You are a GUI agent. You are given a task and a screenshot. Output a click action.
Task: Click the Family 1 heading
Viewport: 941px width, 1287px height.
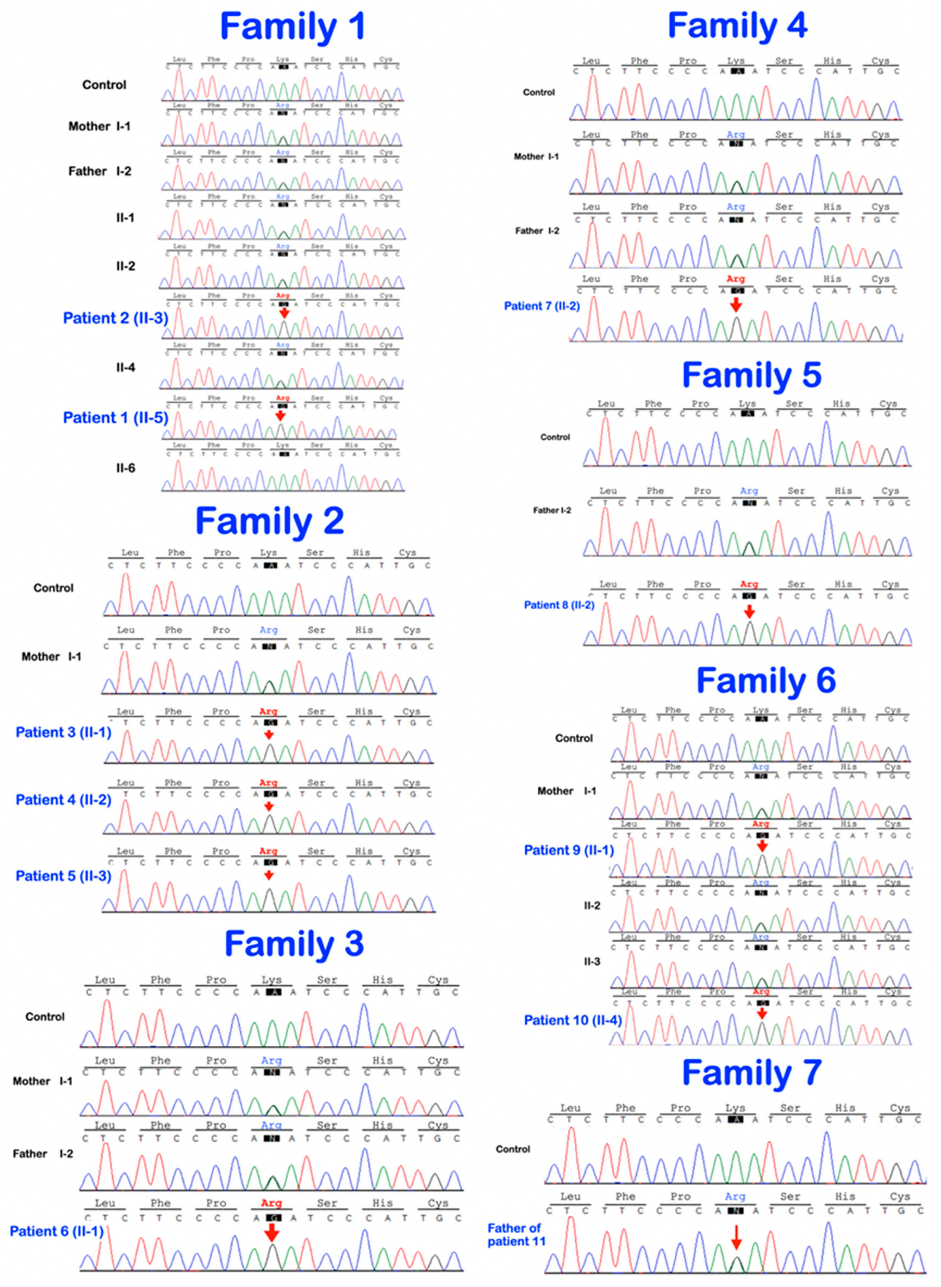click(292, 27)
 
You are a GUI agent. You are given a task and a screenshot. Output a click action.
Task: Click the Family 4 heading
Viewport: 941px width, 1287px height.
click(737, 26)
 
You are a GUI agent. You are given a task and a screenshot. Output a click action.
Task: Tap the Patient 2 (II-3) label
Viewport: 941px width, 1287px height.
click(116, 318)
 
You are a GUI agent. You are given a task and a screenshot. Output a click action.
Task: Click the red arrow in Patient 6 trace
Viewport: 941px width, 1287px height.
click(272, 1233)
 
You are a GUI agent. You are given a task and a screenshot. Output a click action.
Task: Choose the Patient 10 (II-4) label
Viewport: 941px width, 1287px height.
click(572, 1020)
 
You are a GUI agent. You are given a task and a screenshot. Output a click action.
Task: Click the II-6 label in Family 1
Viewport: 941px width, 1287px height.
click(125, 468)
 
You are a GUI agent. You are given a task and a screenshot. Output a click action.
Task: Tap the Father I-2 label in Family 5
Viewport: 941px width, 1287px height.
click(551, 510)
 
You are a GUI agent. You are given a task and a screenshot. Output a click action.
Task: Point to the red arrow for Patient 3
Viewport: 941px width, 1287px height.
click(269, 735)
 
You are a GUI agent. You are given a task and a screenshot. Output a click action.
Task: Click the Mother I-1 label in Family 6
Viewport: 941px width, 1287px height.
click(567, 791)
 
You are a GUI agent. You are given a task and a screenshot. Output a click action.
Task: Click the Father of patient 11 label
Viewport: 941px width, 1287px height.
click(516, 1234)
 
